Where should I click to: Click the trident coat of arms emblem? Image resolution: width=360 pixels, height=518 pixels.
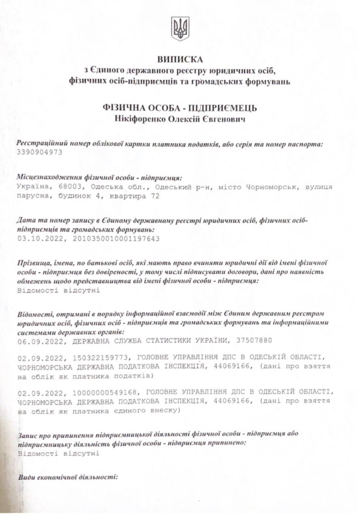(180, 29)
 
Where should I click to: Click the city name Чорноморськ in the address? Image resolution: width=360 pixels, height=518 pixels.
(267, 187)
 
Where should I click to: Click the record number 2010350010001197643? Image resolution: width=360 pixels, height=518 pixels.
(116, 238)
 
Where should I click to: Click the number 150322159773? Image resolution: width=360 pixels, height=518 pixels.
(102, 358)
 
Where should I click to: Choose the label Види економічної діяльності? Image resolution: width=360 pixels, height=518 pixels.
(67, 477)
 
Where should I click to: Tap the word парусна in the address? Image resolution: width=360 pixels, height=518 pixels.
(32, 196)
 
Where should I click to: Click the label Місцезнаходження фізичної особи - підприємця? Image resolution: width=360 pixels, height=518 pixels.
(99, 177)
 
